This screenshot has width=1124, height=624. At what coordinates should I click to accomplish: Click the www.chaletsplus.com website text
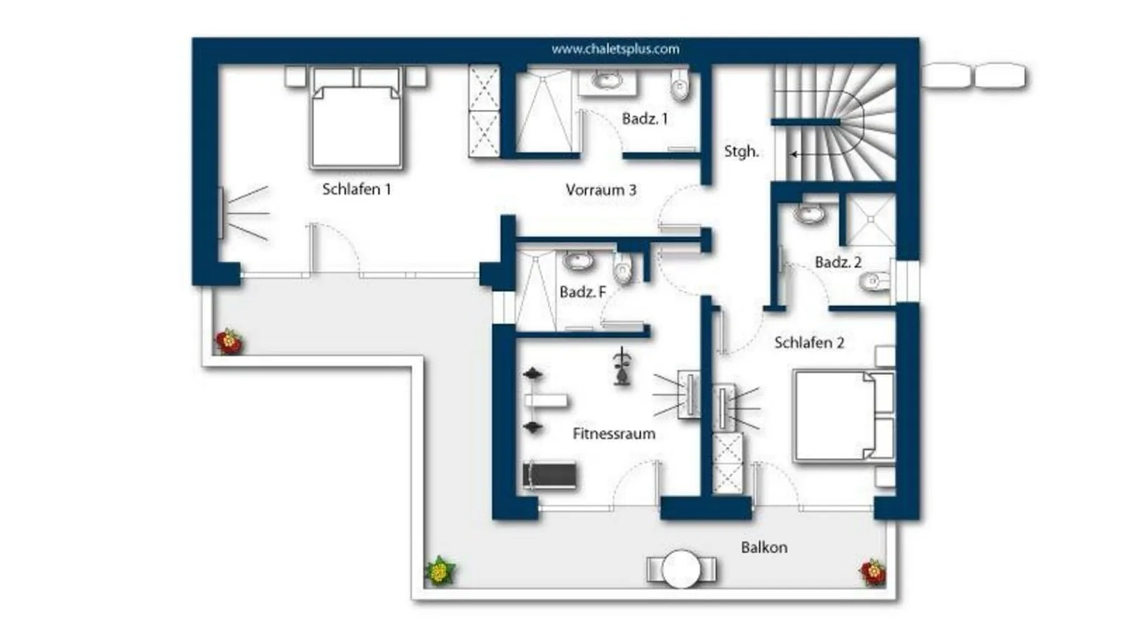point(615,49)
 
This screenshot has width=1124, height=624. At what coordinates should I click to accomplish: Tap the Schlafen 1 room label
point(357,189)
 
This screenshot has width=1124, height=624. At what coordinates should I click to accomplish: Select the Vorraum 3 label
point(601,190)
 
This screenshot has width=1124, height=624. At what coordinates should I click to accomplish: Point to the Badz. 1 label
point(645,119)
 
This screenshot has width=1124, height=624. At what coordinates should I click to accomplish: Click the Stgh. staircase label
point(741,152)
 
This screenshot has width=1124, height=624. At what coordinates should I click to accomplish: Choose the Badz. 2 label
point(838,262)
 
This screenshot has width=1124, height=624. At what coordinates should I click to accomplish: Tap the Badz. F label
point(583,291)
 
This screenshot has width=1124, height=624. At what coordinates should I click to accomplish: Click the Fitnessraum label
point(614,434)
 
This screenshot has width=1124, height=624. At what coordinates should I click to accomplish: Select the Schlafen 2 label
point(809,343)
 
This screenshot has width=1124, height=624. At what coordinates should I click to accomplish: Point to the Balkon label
point(764,547)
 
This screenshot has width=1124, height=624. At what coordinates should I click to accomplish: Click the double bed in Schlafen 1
point(356,119)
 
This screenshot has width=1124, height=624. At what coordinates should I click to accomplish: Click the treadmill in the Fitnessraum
point(550,476)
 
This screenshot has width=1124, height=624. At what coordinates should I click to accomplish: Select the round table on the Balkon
point(681,569)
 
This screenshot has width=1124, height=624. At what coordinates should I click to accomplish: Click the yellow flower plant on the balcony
point(440,570)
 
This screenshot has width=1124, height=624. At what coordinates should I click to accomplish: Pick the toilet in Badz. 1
point(679,85)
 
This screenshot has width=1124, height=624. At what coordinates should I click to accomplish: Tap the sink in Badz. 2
point(810,213)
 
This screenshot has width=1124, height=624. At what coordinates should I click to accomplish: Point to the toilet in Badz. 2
point(875,282)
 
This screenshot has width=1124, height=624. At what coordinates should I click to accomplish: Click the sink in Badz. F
point(579,261)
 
